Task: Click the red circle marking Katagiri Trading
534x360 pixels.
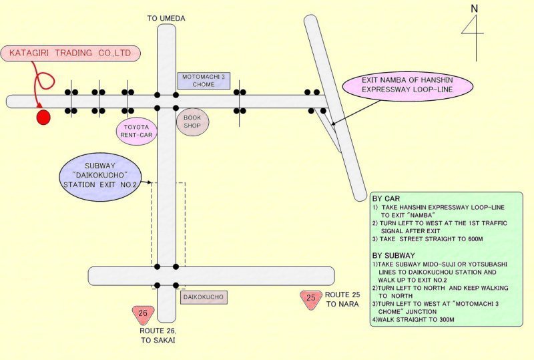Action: (x=43, y=118)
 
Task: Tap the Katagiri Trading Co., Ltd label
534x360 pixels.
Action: (x=70, y=53)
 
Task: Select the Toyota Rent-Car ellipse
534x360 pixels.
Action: (x=136, y=130)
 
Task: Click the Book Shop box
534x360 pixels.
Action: (x=192, y=122)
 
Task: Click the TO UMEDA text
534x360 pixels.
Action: (x=166, y=19)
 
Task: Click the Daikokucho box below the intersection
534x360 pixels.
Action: (x=204, y=296)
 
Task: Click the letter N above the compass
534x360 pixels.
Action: (x=475, y=9)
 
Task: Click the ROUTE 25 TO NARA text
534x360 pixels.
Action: (x=342, y=299)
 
